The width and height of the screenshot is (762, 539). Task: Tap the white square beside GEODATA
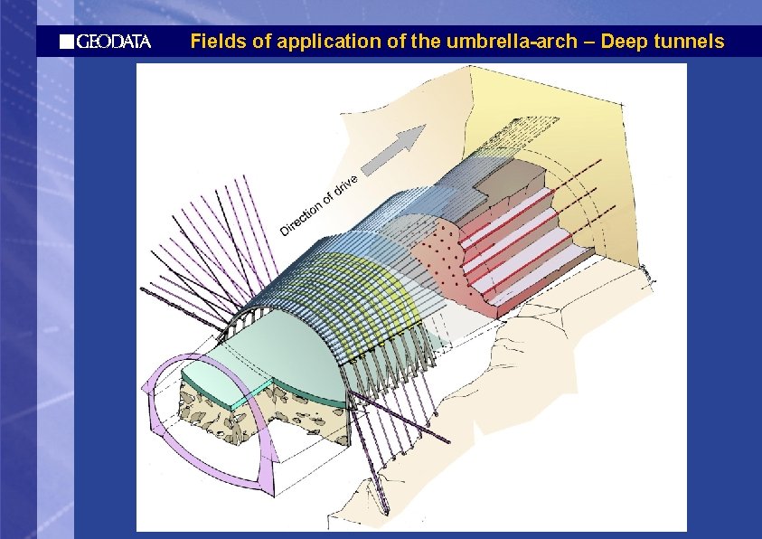[65, 42]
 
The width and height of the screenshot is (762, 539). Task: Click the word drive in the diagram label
[347, 184]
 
